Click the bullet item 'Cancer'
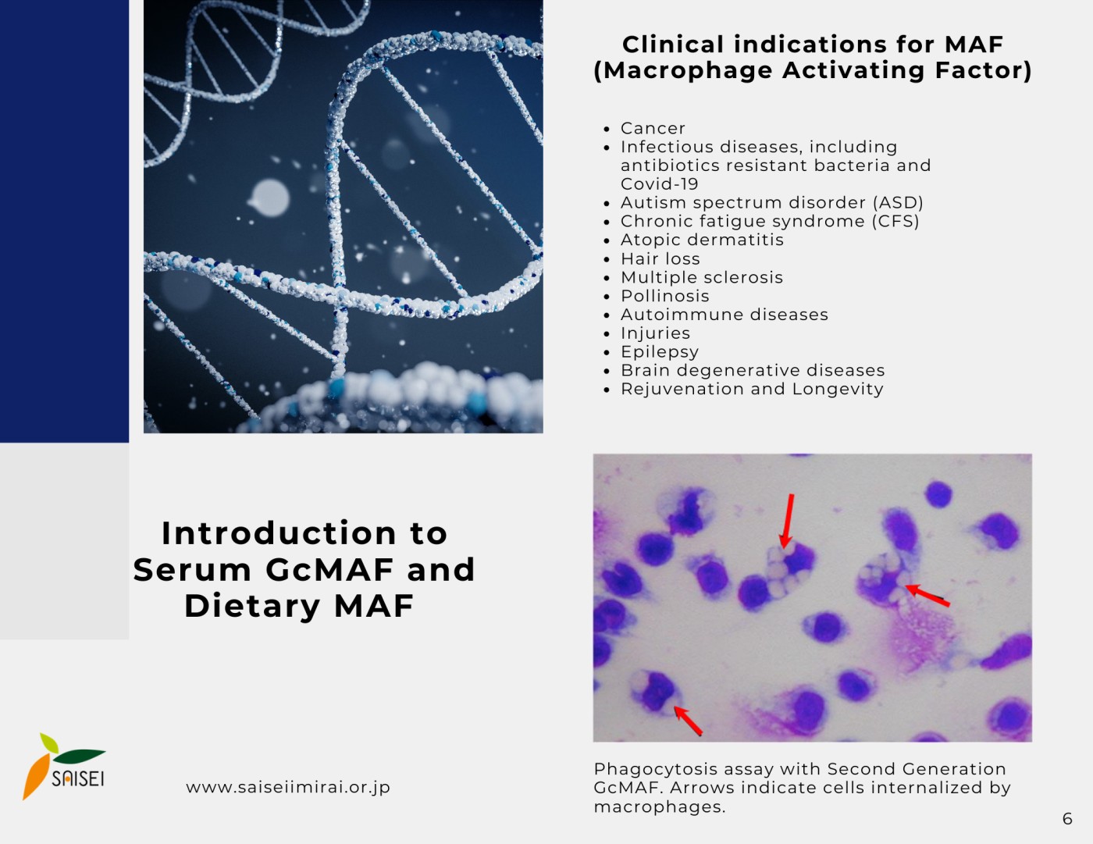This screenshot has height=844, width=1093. pos(653,128)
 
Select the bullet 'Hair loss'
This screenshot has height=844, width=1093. pos(660,258)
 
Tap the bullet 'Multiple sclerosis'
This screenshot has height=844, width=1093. pos(702,277)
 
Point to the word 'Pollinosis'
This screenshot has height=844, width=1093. pos(665,296)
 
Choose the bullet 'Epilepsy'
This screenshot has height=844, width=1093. pos(660,352)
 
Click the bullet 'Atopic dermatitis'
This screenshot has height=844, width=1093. pos(702,240)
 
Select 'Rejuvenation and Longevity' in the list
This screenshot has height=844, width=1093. pos(752,390)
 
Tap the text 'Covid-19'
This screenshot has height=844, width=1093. pos(660,184)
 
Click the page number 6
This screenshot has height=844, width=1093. pos(1067,819)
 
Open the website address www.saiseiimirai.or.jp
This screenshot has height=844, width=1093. pos(288,787)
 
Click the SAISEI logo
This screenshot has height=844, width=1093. pos(64,767)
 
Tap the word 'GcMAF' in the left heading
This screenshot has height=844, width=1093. pos(329,570)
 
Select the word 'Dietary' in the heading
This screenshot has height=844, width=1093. pos(252,606)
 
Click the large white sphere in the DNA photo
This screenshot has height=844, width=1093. pos(269,198)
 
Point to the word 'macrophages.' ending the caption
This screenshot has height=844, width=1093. pos(660,807)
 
